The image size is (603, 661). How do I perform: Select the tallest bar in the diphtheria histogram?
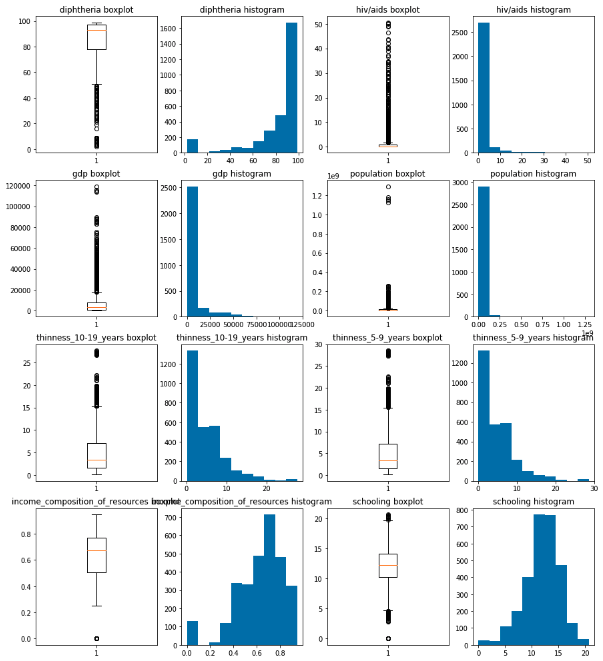[291, 90]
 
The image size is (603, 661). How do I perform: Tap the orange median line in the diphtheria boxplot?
[96, 30]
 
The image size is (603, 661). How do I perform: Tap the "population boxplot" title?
[386, 174]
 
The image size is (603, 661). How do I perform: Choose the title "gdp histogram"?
[242, 174]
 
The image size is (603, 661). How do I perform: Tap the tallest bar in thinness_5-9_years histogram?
[483, 415]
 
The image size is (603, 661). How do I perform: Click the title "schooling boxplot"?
[386, 501]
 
